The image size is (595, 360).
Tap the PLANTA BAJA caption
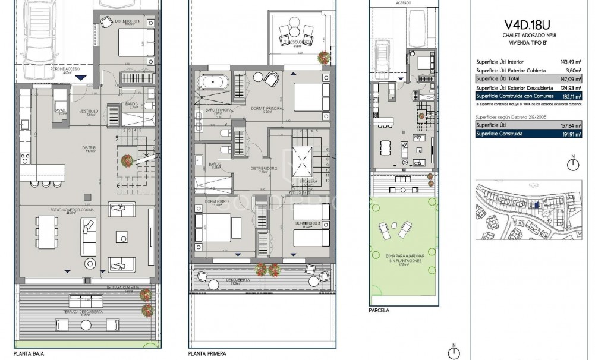click(x=29, y=353)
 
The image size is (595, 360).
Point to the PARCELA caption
click(x=379, y=310)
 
